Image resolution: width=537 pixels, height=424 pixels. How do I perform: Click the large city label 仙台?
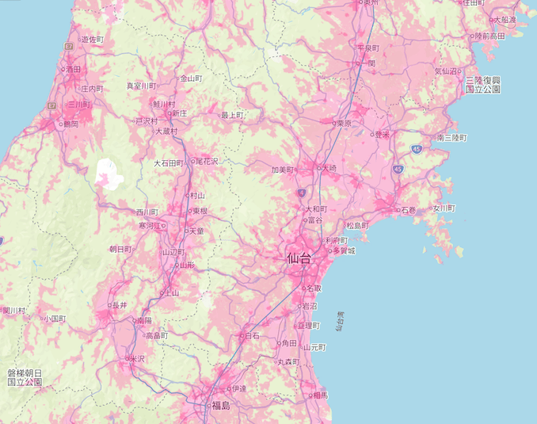(x=299, y=258)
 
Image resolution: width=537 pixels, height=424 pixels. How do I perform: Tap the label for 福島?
(x=220, y=407)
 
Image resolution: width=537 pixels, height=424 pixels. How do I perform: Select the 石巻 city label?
(x=408, y=210)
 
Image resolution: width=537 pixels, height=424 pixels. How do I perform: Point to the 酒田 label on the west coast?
(x=74, y=70)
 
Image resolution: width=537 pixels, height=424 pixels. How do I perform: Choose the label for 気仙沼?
(x=447, y=71)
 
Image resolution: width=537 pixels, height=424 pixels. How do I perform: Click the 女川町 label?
(x=444, y=208)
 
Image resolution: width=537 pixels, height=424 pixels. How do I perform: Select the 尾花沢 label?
(x=207, y=161)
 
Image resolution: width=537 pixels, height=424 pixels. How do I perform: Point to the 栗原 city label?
(x=344, y=124)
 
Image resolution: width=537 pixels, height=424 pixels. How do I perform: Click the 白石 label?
(x=252, y=336)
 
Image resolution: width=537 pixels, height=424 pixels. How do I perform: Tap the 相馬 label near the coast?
(x=320, y=395)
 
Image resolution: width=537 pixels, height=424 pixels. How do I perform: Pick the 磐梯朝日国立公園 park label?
(x=25, y=376)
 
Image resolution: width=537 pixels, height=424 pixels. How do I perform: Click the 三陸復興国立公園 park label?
(x=483, y=85)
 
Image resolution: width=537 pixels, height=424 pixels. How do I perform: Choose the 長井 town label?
(x=120, y=305)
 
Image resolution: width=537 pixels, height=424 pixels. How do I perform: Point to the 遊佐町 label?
(x=92, y=39)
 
